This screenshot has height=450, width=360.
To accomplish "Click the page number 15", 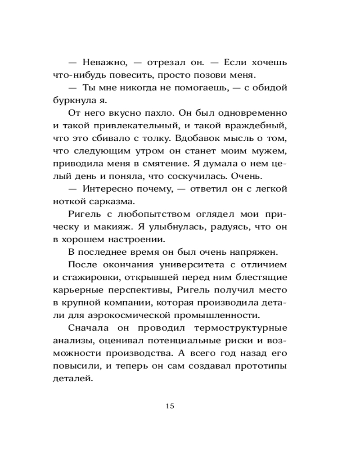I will click(170, 405).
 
